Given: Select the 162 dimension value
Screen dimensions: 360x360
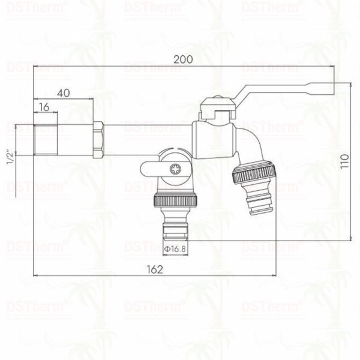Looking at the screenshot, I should (155, 269).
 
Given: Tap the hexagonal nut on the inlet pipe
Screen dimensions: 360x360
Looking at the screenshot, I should (100, 139).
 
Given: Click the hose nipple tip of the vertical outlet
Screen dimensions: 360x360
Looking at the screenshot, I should (175, 231).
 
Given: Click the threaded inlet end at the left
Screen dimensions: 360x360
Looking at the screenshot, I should (45, 139).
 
